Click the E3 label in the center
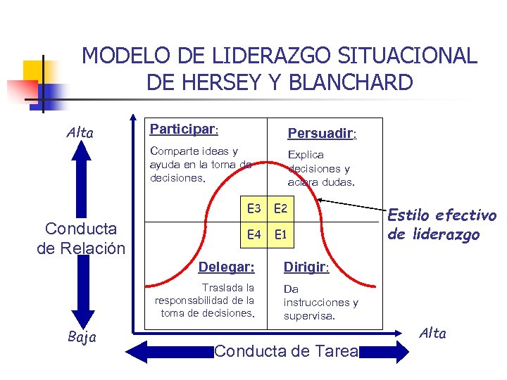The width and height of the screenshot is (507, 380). tap(254, 208)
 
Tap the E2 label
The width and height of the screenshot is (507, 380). tap(280, 208)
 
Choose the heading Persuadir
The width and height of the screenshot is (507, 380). tap(322, 134)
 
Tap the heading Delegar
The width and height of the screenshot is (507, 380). tap(226, 267)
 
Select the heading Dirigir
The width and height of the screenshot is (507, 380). tap(306, 267)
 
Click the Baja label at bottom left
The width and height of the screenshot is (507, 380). tap(83, 338)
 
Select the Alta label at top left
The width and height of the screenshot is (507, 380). tap(80, 132)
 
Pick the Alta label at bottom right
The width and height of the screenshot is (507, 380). tap(433, 334)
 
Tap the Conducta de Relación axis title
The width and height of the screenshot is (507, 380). tap(80, 238)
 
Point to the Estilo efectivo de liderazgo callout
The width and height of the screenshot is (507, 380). tap(442, 224)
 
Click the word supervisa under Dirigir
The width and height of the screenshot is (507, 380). tap(309, 316)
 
